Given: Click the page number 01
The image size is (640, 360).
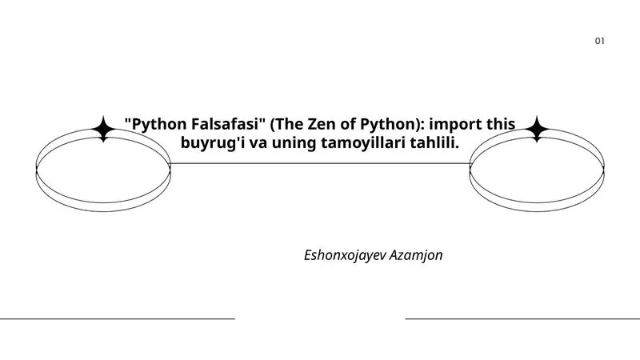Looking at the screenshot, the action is point(599,41).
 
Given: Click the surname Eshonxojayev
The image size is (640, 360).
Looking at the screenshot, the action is point(345,255).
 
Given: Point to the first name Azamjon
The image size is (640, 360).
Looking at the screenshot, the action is point(415,255).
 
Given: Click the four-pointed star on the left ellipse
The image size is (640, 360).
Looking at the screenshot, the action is point(104,129).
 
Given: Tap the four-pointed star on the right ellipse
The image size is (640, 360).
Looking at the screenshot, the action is point(537,129).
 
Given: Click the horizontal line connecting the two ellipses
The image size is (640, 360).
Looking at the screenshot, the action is point(320,164).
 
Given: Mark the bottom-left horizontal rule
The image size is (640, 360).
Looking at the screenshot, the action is point(118,318).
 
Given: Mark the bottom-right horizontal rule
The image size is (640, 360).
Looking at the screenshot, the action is point(522,318).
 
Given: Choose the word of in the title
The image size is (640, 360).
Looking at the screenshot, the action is point(348,124).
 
